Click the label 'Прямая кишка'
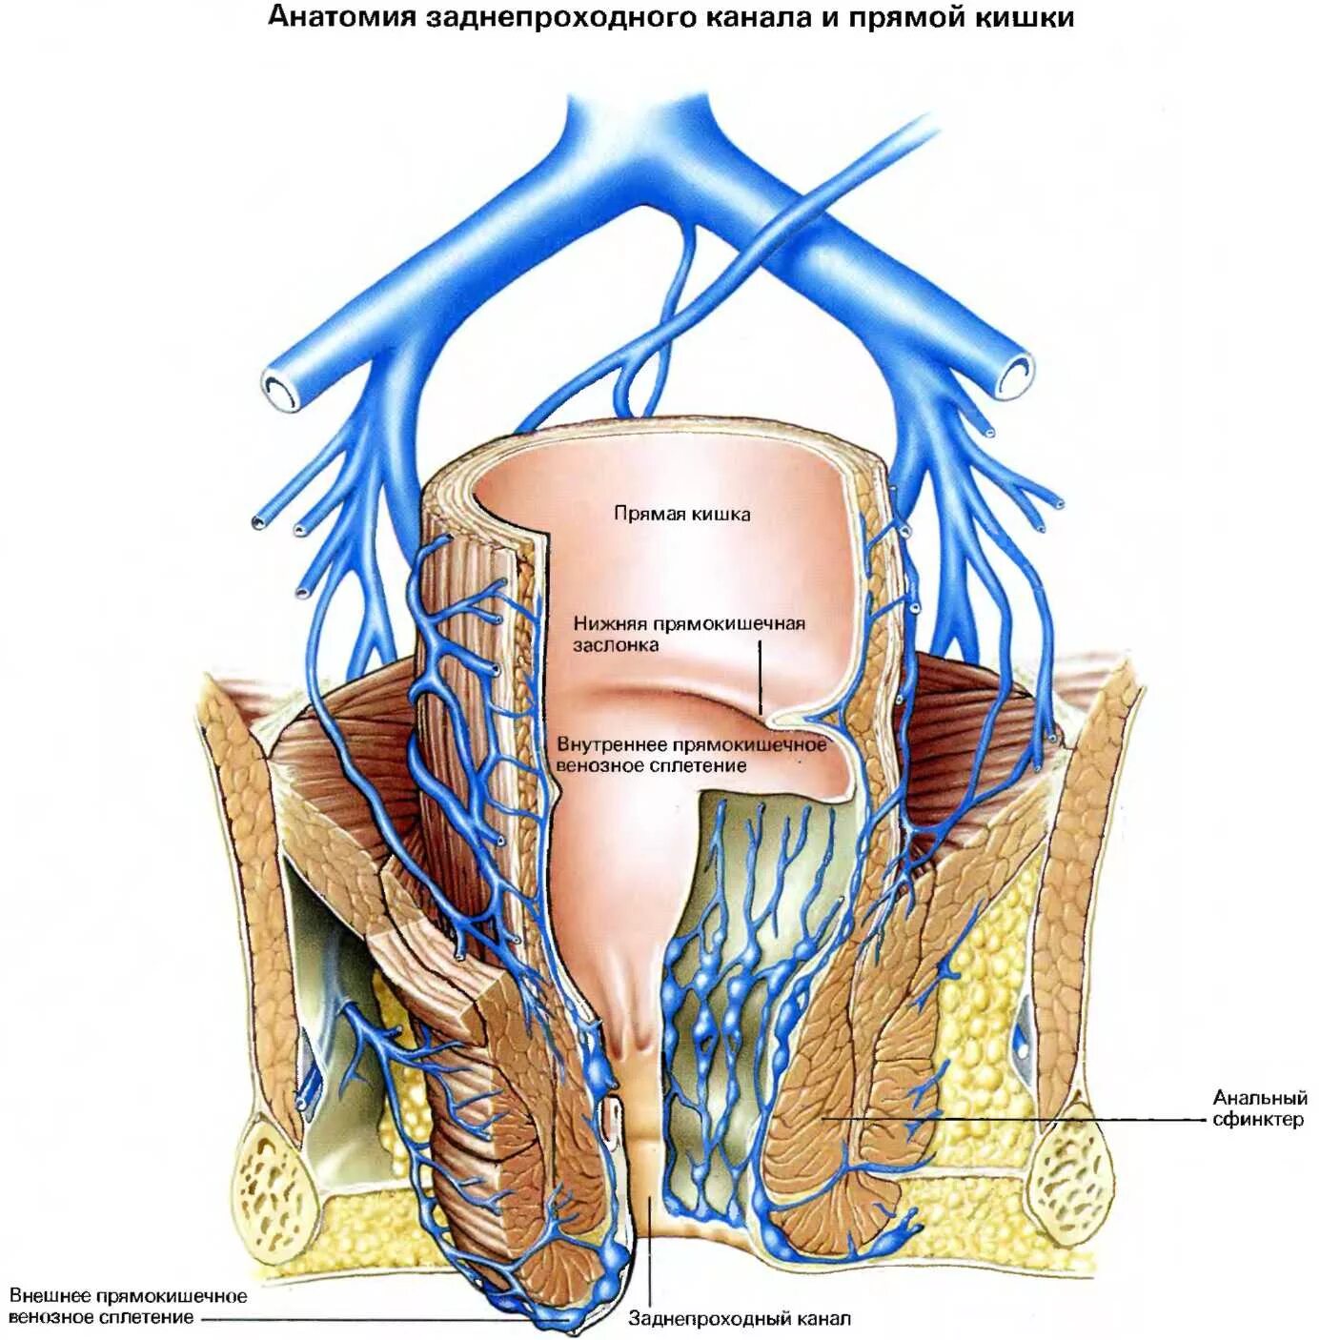tap(681, 514)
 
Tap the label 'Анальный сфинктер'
tap(1259, 1109)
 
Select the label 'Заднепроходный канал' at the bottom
tap(740, 1319)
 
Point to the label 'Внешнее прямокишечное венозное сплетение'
tap(128, 1307)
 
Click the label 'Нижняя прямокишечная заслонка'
tap(688, 634)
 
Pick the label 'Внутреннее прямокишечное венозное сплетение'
tap(691, 754)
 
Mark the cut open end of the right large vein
tap(1016, 373)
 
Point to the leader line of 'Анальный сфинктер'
tap(1010, 1119)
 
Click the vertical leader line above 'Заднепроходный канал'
tap(652, 1249)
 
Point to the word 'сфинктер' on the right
tap(1257, 1120)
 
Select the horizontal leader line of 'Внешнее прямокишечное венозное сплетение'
tap(381, 1320)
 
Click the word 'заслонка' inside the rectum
tap(615, 645)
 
